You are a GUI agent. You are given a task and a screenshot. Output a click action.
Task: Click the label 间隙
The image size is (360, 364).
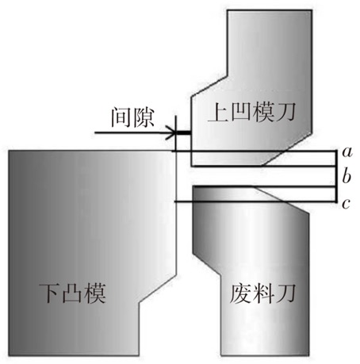pos(132,117)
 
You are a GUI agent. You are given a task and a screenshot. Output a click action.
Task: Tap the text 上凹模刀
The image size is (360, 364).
pos(251,113)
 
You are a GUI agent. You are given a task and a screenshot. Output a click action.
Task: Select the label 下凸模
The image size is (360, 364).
pos(72,293)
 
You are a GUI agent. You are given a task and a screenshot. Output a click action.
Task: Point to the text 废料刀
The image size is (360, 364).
pos(262,293)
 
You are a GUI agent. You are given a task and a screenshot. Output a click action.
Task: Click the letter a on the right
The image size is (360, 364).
pos(347,152)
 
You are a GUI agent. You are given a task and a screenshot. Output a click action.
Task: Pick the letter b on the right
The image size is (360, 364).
pos(347,176)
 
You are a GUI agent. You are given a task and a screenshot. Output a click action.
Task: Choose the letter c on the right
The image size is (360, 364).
pos(347,204)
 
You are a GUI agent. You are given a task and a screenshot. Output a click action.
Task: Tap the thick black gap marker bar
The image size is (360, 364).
pos(183,132)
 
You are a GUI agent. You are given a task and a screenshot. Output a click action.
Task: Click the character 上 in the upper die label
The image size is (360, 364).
pos(218,113)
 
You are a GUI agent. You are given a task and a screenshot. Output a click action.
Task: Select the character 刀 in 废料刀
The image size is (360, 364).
pos(286,293)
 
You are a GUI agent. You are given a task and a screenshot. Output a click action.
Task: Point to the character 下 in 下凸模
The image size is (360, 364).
pos(49,293)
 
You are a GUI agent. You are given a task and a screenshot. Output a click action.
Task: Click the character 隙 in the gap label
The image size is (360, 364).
pos(144,117)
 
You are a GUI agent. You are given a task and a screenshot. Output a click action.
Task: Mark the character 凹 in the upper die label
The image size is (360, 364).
pos(240,113)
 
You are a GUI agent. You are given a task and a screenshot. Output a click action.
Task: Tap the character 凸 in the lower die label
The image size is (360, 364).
pos(72,293)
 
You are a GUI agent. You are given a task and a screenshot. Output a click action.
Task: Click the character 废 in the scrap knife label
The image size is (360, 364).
pos(240,293)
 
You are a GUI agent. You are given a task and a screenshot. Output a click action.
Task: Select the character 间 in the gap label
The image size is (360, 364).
pos(121,117)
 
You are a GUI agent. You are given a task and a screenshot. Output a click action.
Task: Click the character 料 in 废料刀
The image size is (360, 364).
pos(263,293)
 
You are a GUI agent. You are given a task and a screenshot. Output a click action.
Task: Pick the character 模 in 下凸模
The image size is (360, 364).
pos(95,293)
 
